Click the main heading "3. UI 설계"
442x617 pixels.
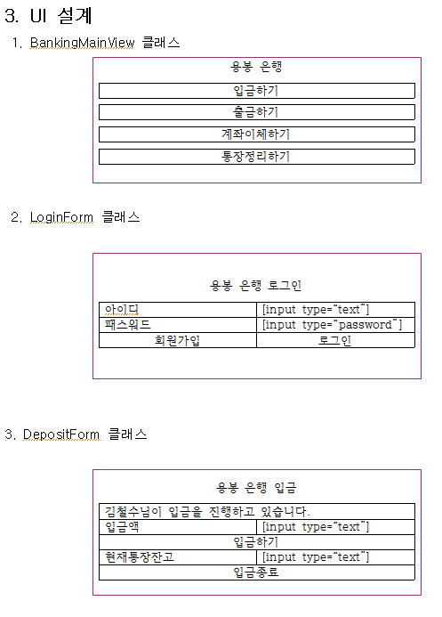(x=49, y=16)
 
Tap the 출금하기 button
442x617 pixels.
(x=257, y=112)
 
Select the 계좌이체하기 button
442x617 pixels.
(x=257, y=134)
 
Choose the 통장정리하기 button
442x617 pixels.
(x=257, y=157)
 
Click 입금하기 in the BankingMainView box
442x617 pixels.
(x=257, y=91)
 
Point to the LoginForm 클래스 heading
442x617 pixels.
(x=76, y=217)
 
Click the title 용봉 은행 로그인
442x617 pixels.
(x=256, y=285)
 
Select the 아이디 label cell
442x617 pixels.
(x=178, y=310)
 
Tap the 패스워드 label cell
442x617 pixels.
(x=178, y=325)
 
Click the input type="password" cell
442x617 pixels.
(x=335, y=325)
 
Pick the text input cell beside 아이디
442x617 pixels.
(x=335, y=310)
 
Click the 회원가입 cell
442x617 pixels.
(x=178, y=340)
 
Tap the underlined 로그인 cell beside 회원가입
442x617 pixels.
(x=335, y=340)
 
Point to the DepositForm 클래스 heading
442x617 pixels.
(x=76, y=434)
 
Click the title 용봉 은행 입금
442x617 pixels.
(x=256, y=488)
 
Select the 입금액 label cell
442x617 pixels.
(x=178, y=527)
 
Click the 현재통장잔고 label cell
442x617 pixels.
(x=178, y=557)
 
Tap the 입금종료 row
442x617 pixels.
(x=257, y=572)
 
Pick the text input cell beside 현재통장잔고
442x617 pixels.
(x=335, y=557)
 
